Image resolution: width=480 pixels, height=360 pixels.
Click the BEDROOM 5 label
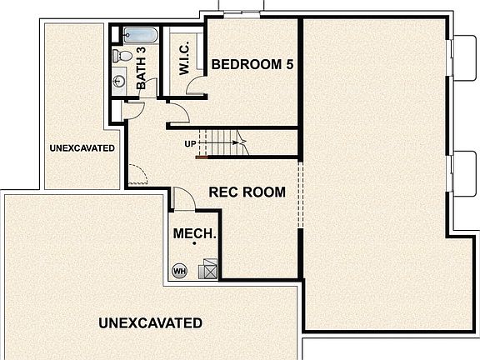pyautogui.click(x=252, y=64)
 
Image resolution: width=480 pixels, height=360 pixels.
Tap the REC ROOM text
pyautogui.click(x=247, y=192)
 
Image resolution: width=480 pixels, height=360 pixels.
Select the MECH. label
pyautogui.click(x=194, y=234)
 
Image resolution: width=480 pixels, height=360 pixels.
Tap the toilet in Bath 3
pyautogui.click(x=121, y=56)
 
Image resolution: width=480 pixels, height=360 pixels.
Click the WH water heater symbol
pyautogui.click(x=179, y=270)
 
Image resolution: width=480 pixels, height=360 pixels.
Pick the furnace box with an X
pyautogui.click(x=208, y=268)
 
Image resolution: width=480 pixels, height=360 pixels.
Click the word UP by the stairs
pyautogui.click(x=191, y=144)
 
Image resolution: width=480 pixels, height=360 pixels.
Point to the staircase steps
pyautogui.click(x=222, y=142)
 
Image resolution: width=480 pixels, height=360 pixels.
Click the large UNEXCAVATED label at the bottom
pyautogui.click(x=150, y=322)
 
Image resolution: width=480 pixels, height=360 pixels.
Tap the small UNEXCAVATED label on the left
pyautogui.click(x=82, y=148)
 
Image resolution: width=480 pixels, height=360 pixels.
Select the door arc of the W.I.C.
pyautogui.click(x=197, y=88)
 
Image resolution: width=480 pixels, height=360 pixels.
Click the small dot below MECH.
pyautogui.click(x=194, y=243)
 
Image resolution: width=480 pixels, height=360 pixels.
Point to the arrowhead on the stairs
pyautogui.click(x=244, y=142)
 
